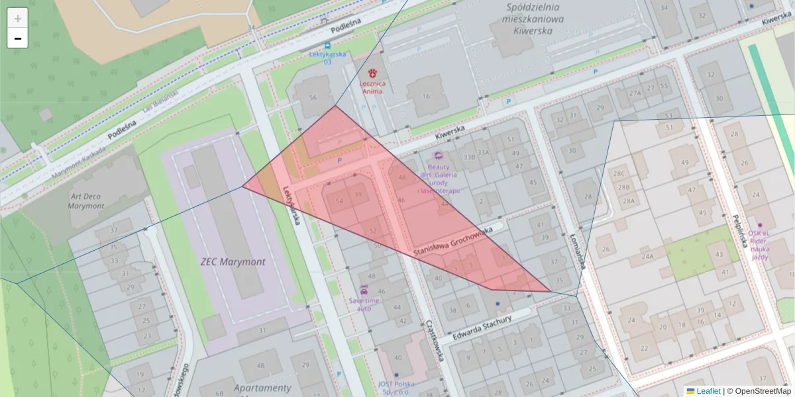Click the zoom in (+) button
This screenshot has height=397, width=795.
click(18, 19)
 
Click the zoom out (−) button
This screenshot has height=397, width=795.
click(18, 38)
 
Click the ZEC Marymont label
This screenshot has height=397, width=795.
click(233, 261)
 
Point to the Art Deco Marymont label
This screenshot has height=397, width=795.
click(86, 201)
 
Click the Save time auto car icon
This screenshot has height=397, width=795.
click(364, 290)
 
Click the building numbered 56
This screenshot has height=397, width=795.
click(313, 97)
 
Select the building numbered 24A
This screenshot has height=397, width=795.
click(647, 256)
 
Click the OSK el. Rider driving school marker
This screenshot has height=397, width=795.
click(760, 226)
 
